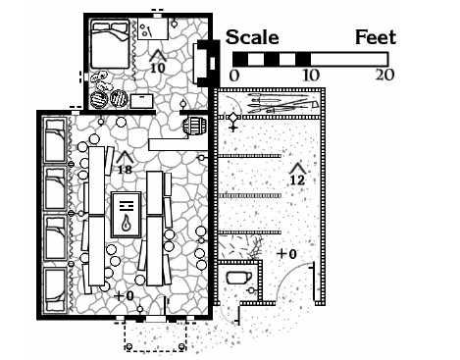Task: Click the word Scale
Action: pyautogui.click(x=252, y=37)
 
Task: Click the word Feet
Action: pyautogui.click(x=376, y=37)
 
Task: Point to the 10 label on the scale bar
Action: pyautogui.click(x=310, y=76)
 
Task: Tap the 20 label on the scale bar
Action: pyautogui.click(x=384, y=76)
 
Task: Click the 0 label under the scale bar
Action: pyautogui.click(x=234, y=76)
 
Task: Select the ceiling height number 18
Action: pyautogui.click(x=125, y=170)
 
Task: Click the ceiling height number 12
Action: pyautogui.click(x=297, y=180)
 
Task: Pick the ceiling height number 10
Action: pyautogui.click(x=158, y=68)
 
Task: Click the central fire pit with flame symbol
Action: pyautogui.click(x=127, y=215)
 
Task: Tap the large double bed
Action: pyautogui.click(x=110, y=44)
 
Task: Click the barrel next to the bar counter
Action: pyautogui.click(x=195, y=127)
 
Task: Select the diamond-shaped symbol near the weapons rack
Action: pyautogui.click(x=233, y=117)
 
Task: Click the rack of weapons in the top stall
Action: pyautogui.click(x=281, y=102)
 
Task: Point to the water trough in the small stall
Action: pyautogui.click(x=238, y=278)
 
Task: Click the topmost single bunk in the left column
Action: pyautogui.click(x=55, y=140)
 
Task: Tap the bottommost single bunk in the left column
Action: pyautogui.click(x=55, y=289)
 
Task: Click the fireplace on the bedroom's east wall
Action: pyautogui.click(x=206, y=64)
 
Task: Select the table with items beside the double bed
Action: pyautogui.click(x=153, y=28)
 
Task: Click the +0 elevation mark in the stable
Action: pyautogui.click(x=286, y=254)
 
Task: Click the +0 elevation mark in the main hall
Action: pyautogui.click(x=124, y=296)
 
